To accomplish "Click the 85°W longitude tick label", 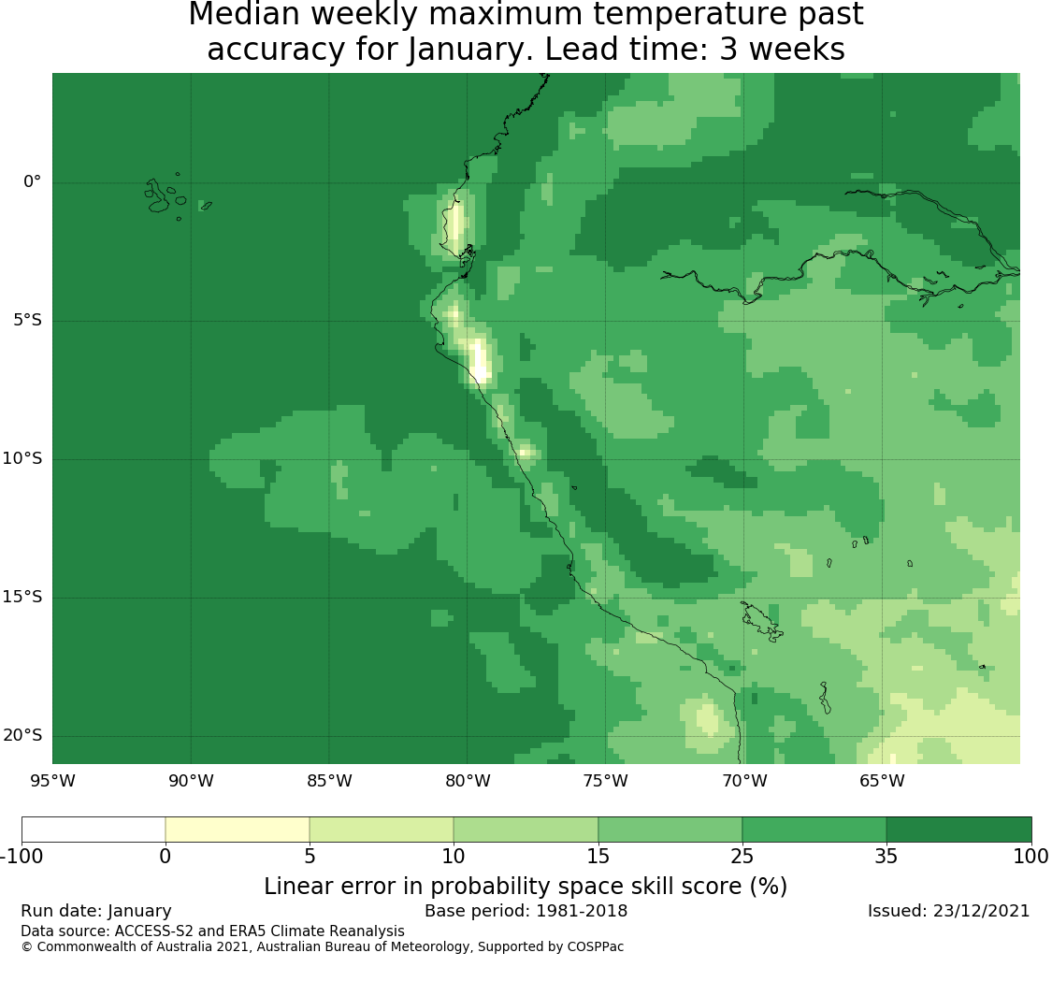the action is tap(329, 781).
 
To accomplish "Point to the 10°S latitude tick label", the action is tap(22, 459).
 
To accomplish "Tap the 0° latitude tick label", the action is tap(32, 181).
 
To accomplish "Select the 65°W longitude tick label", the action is tap(882, 781).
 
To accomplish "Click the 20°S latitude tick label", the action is tap(22, 736).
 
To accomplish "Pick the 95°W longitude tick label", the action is tap(53, 781).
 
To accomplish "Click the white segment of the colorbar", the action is tap(94, 830).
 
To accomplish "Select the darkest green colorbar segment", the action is tap(958, 830).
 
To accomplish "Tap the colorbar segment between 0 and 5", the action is tap(237, 830).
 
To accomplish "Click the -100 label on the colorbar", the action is tap(22, 857).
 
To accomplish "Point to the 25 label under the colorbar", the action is tap(742, 857).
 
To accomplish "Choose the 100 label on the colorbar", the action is tap(1031, 857).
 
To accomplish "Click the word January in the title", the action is tap(468, 50).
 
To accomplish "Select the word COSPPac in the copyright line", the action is tap(595, 947).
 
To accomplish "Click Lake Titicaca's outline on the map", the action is tap(761, 621).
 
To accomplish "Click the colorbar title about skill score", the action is tap(526, 887).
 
